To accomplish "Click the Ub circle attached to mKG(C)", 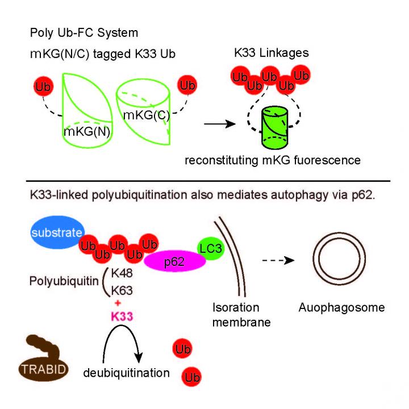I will point(186,86).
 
